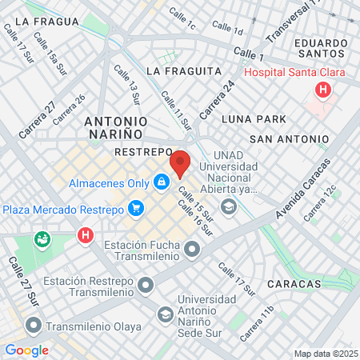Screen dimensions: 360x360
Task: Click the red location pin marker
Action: click(x=180, y=163)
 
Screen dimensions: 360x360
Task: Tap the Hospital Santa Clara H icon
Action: click(x=323, y=90)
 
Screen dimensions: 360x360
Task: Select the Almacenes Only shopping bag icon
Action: click(x=162, y=183)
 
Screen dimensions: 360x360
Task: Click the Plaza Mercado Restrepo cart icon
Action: click(x=136, y=209)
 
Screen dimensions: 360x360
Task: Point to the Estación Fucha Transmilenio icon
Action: click(x=192, y=251)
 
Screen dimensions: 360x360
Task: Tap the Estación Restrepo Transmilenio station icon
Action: click(x=146, y=285)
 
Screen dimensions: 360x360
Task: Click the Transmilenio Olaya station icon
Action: click(x=33, y=326)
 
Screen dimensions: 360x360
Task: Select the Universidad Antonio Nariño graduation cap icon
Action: click(x=166, y=314)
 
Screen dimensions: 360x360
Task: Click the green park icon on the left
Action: click(x=41, y=238)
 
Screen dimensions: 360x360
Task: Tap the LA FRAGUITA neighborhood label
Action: click(x=184, y=71)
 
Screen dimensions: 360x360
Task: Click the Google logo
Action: click(x=26, y=350)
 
